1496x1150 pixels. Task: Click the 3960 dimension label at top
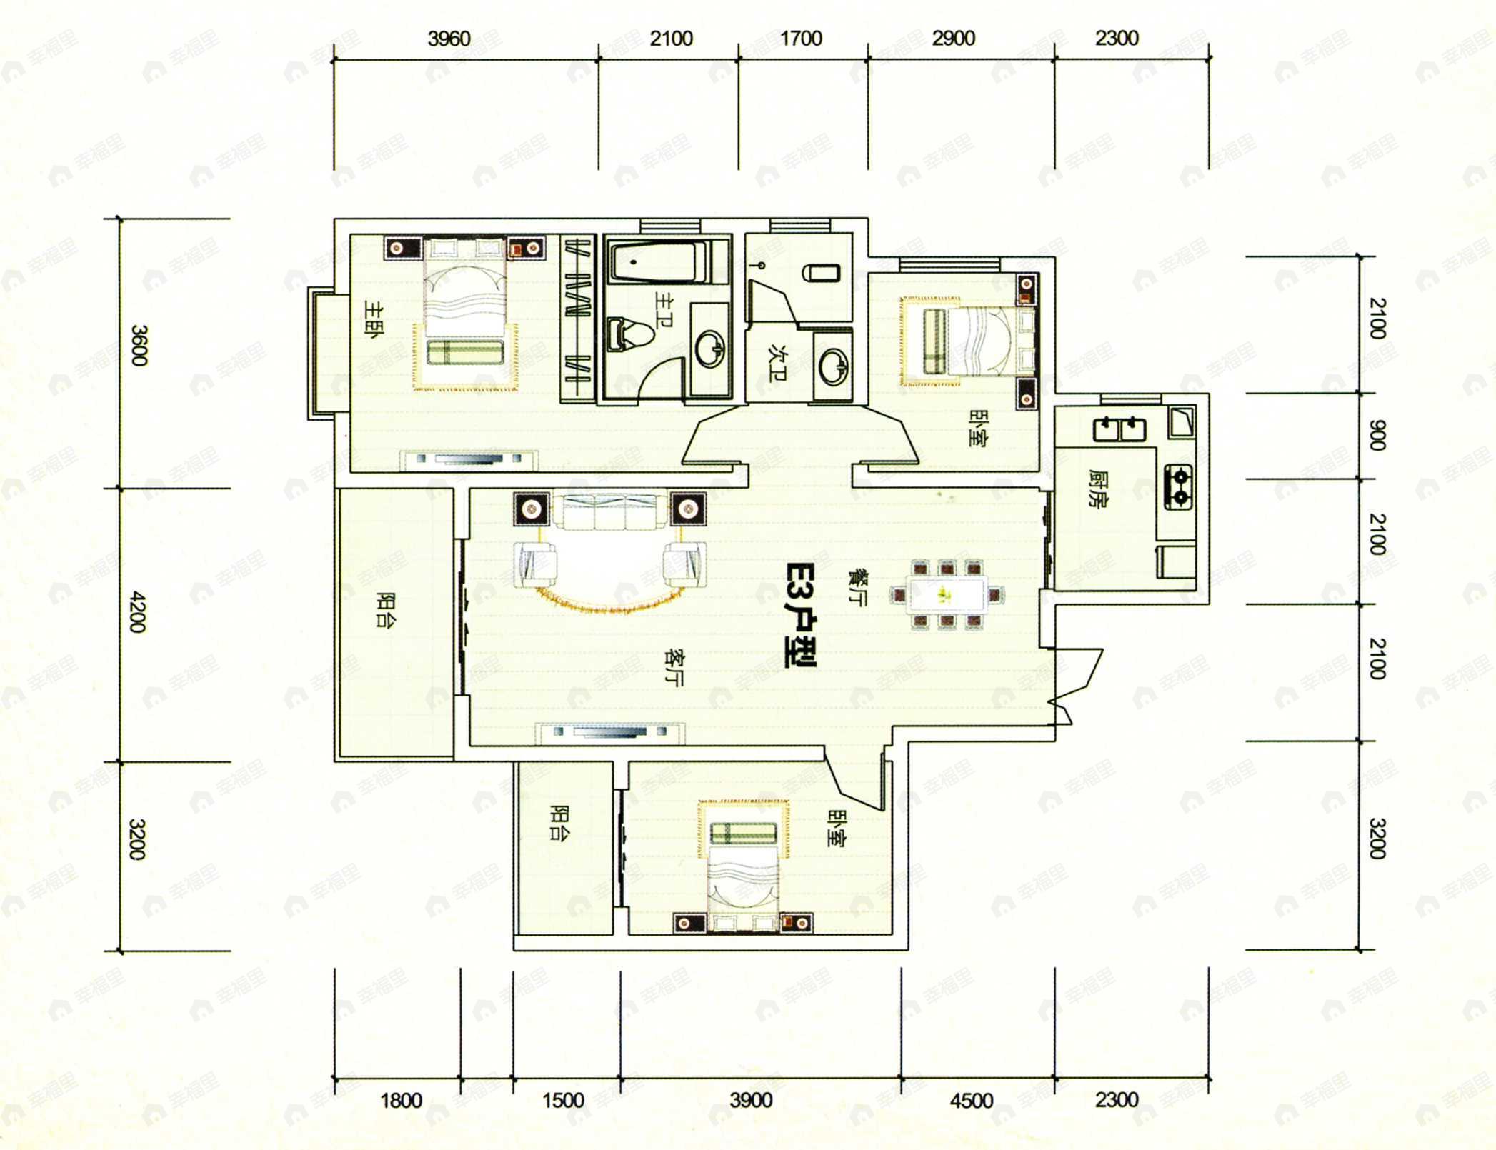pos(449,39)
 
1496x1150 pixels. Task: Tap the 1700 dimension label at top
pos(801,39)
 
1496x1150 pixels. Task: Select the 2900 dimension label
pos(953,39)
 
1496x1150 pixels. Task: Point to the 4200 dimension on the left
pos(138,611)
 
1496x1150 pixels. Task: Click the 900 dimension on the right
pos(1376,435)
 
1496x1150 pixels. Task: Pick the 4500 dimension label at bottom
pos(971,1101)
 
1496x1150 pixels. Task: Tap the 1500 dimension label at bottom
pos(563,1100)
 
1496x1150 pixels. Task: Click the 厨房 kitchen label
pos(1097,488)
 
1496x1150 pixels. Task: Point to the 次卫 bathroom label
pos(777,363)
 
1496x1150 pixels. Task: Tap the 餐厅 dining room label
pos(856,586)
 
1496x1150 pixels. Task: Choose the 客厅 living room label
pos(673,667)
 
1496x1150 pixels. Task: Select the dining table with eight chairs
pos(947,594)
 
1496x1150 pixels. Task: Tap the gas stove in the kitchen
pos(1179,486)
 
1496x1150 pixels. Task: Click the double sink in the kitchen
pos(1119,429)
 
